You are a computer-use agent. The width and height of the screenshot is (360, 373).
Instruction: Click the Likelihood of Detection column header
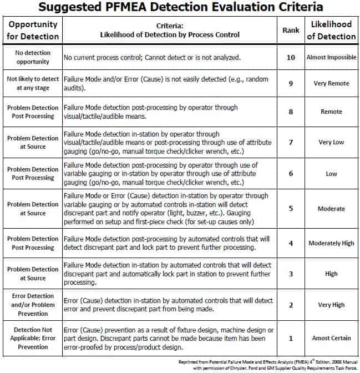[x=331, y=31]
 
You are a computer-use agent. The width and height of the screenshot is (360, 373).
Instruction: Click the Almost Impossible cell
[x=331, y=57]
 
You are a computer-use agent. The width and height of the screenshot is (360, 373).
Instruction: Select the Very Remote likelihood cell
[x=331, y=83]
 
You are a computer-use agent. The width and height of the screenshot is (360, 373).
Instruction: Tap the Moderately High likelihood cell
[x=331, y=243]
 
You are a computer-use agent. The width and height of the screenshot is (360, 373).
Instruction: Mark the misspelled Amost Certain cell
[x=331, y=337]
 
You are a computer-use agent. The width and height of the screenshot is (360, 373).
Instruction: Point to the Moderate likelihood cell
[x=331, y=209]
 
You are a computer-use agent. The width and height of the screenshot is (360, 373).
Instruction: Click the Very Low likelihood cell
[x=331, y=142]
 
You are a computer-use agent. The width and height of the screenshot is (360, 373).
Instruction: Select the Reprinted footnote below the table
[x=269, y=364]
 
